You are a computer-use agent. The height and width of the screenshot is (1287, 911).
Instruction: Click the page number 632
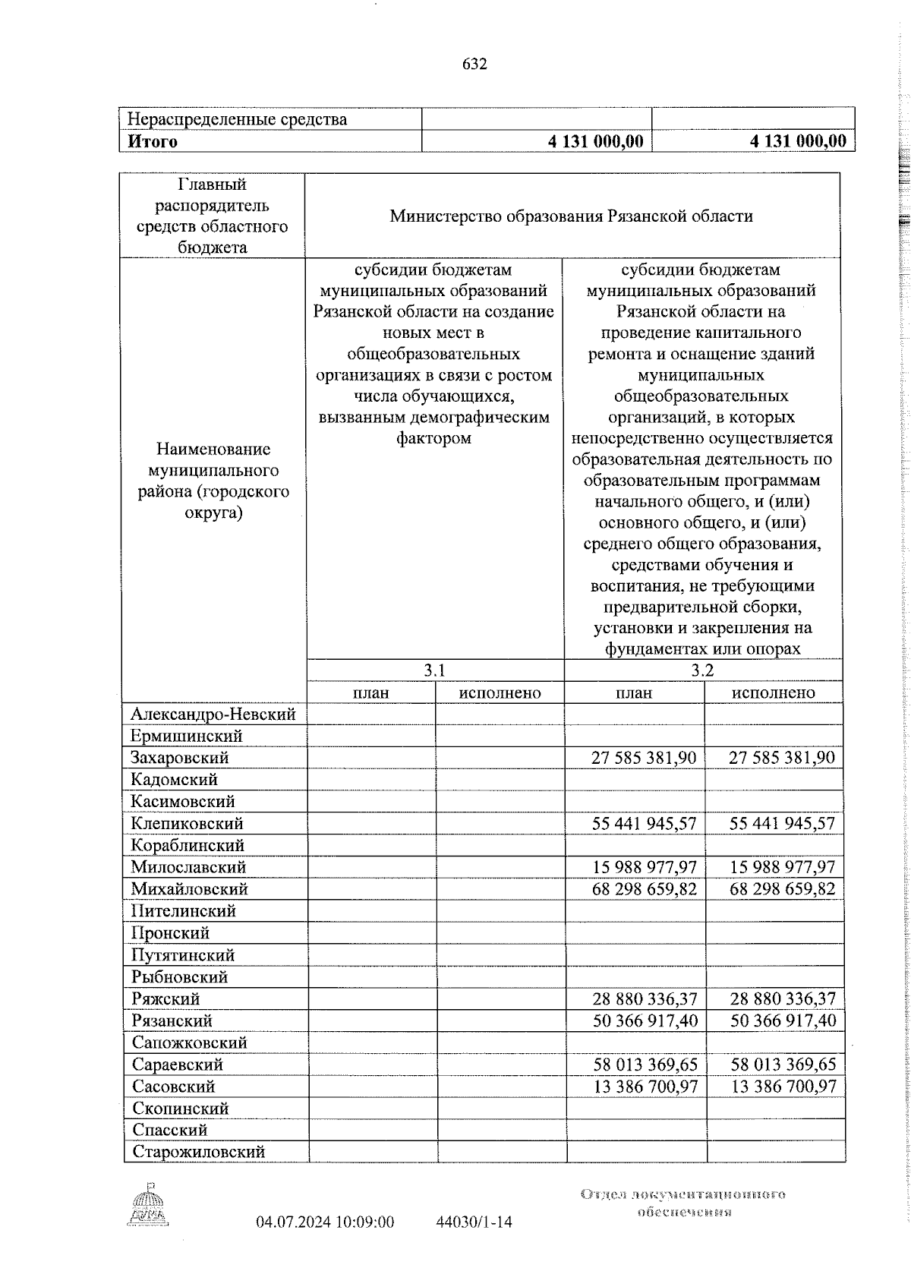tap(474, 65)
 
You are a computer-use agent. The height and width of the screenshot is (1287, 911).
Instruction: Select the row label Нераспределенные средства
tap(237, 119)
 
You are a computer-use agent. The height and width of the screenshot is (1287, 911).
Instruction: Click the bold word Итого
tap(153, 141)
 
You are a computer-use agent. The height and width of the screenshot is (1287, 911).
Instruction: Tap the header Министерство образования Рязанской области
tap(571, 216)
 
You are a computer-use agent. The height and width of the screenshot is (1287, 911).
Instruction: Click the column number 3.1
tap(433, 670)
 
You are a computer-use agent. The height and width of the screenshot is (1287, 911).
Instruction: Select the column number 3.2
tap(702, 670)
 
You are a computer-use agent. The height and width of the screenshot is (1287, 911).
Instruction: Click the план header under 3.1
tap(370, 692)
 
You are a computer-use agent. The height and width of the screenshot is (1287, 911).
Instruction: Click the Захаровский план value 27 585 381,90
tap(644, 758)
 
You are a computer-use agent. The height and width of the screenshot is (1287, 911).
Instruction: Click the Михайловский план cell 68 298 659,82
tap(645, 889)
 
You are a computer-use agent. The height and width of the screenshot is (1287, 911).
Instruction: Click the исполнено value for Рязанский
tap(783, 1020)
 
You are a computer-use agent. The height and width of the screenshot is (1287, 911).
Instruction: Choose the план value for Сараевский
tap(645, 1065)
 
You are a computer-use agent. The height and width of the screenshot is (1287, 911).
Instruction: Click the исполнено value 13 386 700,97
tap(783, 1087)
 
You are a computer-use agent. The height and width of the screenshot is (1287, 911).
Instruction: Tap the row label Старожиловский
tap(198, 1152)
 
